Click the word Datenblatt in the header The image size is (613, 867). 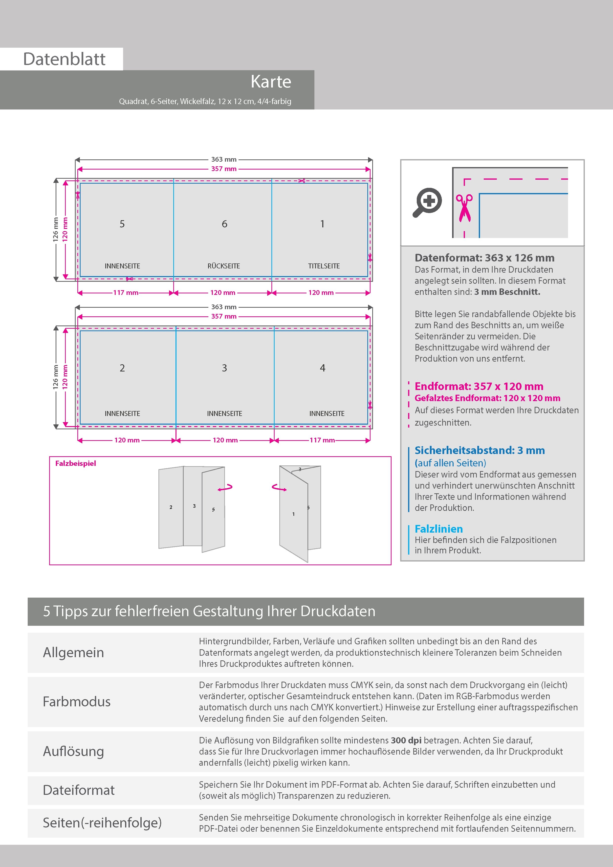click(64, 59)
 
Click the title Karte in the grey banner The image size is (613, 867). click(271, 82)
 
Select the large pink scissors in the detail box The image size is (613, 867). click(464, 207)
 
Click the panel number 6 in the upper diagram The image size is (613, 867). click(224, 224)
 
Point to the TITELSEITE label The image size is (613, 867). click(324, 266)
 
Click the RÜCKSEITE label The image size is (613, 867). click(224, 266)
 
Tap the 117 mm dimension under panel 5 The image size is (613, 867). click(126, 293)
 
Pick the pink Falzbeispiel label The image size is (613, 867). click(76, 463)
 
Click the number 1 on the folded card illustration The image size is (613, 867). click(293, 514)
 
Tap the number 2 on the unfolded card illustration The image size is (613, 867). click(171, 507)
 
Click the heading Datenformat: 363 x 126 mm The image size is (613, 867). click(484, 258)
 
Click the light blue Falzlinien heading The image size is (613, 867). click(438, 529)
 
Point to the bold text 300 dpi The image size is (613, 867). click(406, 740)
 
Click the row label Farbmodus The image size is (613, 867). click(77, 702)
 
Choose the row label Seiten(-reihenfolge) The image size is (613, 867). click(102, 823)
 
